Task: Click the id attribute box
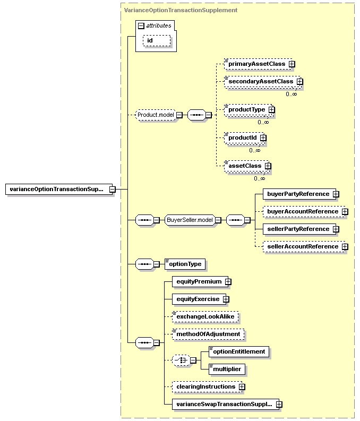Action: (x=157, y=40)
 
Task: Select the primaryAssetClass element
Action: (x=258, y=64)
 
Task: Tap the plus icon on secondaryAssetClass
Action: (x=299, y=81)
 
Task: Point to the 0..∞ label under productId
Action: (x=255, y=150)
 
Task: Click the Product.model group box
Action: (x=156, y=115)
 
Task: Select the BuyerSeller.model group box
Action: (x=190, y=220)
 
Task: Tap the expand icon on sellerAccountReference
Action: (x=345, y=246)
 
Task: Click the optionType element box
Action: (x=185, y=264)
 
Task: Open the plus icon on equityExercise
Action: (x=226, y=299)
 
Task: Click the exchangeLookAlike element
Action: (x=205, y=317)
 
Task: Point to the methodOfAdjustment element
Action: (x=208, y=334)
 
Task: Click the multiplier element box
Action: (x=227, y=369)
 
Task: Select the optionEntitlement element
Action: (x=239, y=352)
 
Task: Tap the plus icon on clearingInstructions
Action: (x=242, y=387)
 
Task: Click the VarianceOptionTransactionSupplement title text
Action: (x=181, y=10)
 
